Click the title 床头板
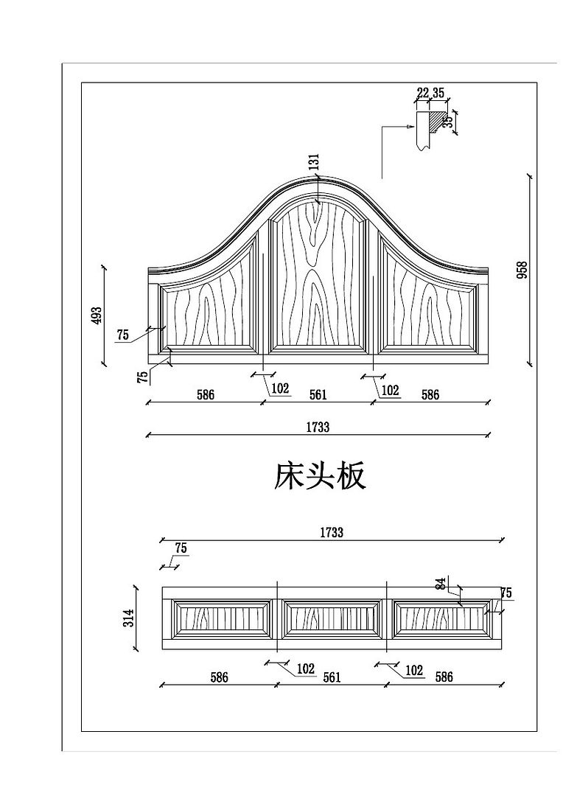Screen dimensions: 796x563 point(320,477)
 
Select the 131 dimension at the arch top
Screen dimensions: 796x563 point(314,164)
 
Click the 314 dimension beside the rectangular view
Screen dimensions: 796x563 point(128,618)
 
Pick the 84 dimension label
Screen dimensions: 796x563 point(440,584)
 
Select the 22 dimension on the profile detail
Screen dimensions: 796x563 point(422,93)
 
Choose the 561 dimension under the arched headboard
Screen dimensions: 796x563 point(318,395)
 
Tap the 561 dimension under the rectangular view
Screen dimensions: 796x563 point(332,677)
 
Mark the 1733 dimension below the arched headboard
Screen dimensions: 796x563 point(318,427)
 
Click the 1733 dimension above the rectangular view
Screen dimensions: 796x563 point(332,532)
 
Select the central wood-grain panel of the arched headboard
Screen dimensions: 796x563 point(319,280)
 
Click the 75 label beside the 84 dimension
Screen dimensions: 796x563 point(506,593)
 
